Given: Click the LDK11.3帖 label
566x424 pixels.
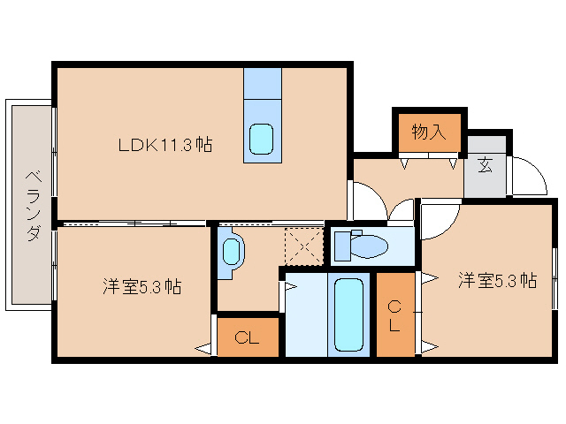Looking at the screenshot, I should point(164,144).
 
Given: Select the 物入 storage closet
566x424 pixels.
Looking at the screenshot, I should point(428,132).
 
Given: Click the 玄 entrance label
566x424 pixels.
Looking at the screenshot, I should point(486,164).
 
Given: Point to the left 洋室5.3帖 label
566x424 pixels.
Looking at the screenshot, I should point(141,286).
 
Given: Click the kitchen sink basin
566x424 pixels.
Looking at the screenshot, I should point(262,138).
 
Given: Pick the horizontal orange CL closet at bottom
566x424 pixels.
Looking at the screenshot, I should point(247,337).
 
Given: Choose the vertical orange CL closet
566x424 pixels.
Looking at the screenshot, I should point(394,314).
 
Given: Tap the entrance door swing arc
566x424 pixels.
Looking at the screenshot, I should point(530,177).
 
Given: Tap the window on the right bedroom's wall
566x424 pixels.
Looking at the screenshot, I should point(555,279).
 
